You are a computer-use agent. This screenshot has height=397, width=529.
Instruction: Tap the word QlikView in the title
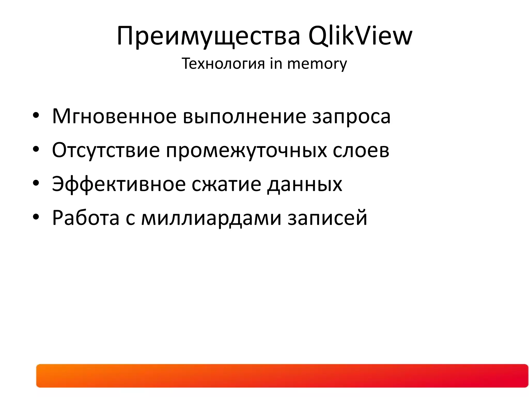pos(360,36)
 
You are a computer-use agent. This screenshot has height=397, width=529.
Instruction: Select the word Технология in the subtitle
pos(223,63)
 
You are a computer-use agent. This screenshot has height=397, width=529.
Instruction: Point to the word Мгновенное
pos(114,116)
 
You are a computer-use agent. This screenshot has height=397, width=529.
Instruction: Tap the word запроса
pos(351,116)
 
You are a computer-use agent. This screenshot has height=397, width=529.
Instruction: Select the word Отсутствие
pos(106,150)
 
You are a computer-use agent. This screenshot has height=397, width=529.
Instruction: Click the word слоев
pos(361,150)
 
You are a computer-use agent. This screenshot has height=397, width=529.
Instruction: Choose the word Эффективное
pos(119,184)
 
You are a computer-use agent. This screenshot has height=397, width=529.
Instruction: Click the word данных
pos(305,184)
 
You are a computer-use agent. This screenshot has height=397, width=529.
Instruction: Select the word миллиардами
pos(211,218)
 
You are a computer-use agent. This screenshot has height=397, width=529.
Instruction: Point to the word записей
pos(327,218)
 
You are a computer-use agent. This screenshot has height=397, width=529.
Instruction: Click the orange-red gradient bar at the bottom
pos(282,376)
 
